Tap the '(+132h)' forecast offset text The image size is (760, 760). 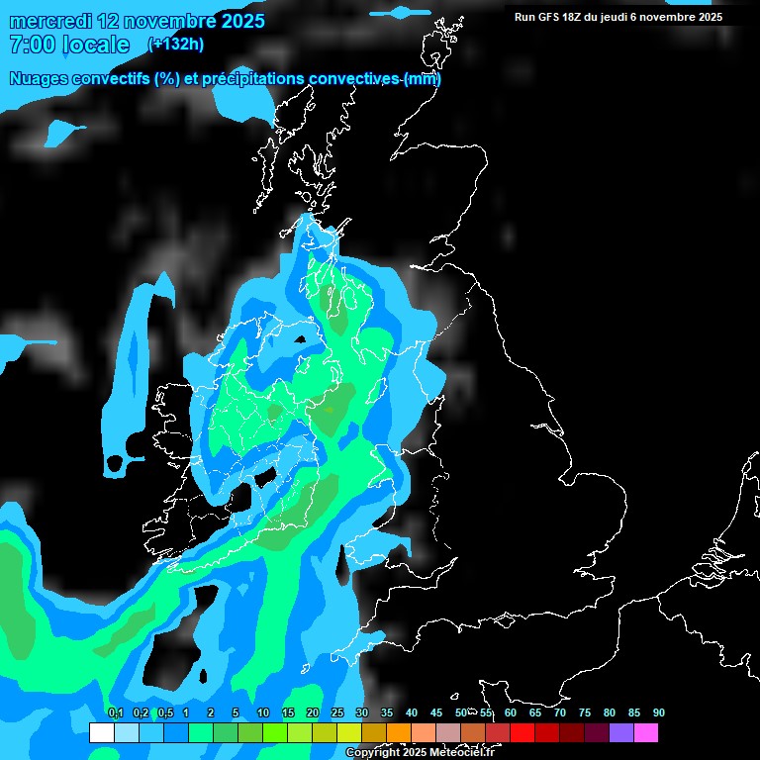pyautogui.click(x=176, y=44)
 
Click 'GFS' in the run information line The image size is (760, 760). pyautogui.click(x=550, y=17)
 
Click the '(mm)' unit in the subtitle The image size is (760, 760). pyautogui.click(x=423, y=79)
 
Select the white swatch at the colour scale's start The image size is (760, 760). pyautogui.click(x=101, y=733)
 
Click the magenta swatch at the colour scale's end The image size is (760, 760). pyautogui.click(x=646, y=733)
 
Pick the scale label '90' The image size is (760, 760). pyautogui.click(x=658, y=712)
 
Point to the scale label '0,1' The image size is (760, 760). pyautogui.click(x=115, y=712)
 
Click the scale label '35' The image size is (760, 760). pyautogui.click(x=387, y=712)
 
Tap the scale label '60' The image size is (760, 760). pyautogui.click(x=511, y=712)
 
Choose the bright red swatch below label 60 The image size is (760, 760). pyautogui.click(x=522, y=733)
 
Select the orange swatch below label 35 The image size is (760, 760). pyautogui.click(x=399, y=733)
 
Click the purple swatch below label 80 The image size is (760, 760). pyautogui.click(x=621, y=733)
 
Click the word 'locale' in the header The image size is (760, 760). pyautogui.click(x=95, y=45)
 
